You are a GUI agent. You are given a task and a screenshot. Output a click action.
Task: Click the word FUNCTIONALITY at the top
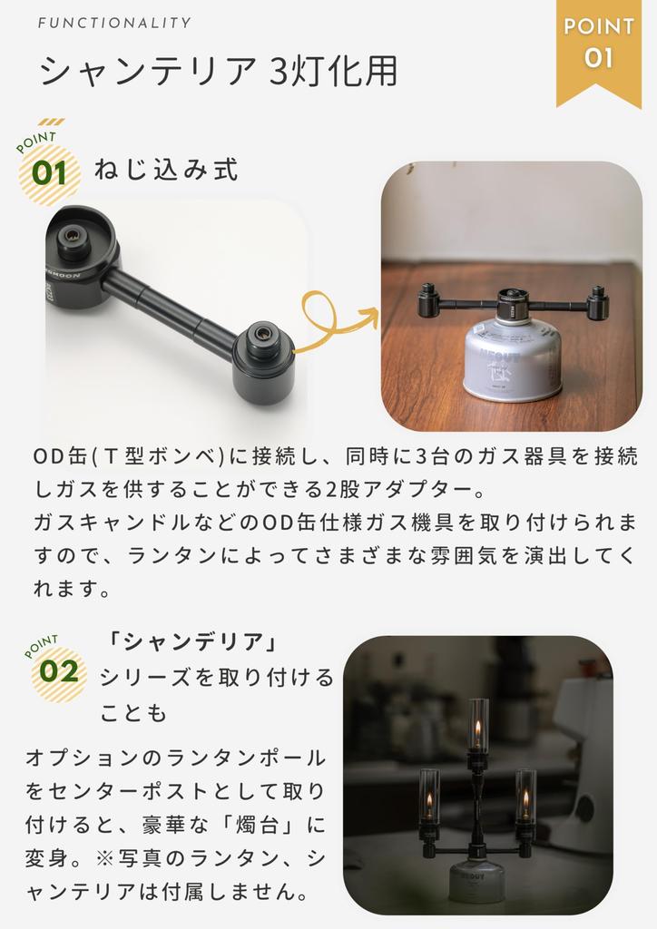point(114,23)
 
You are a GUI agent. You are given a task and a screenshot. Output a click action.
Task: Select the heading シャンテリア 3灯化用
point(218,72)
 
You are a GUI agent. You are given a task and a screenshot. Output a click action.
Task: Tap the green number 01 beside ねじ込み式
point(50,172)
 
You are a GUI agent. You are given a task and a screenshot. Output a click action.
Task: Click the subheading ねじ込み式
point(165,170)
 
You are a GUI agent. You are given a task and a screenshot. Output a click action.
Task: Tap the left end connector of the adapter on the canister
point(428,300)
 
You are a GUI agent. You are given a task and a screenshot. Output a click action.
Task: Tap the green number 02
point(59,672)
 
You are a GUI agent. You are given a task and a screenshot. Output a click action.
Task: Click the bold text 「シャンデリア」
point(191,642)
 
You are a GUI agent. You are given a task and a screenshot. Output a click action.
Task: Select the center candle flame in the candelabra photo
point(478,729)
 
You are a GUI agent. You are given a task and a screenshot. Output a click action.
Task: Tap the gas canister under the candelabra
point(476,880)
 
